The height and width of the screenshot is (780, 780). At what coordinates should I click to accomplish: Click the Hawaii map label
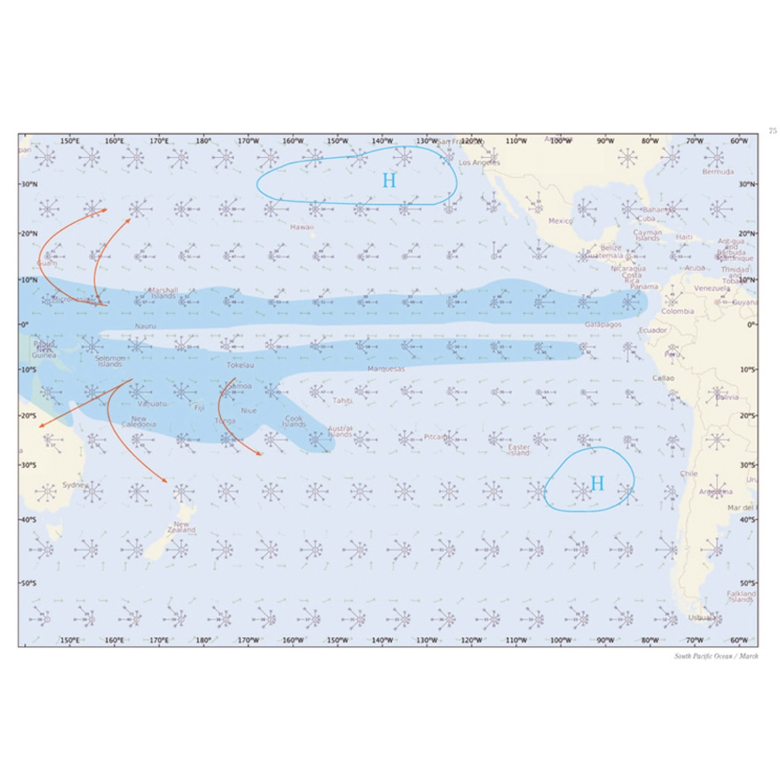coord(302,227)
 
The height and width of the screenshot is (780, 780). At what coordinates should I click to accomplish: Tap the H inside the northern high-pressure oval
coord(389,181)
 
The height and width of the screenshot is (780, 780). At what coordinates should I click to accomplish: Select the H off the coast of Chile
coord(597,483)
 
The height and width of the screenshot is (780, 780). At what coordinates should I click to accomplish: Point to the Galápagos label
coord(603,324)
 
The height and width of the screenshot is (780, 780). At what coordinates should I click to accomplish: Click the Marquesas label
coord(386,369)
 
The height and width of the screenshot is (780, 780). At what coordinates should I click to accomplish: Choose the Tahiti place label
coord(342,401)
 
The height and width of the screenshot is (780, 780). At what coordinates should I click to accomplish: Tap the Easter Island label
coord(519,450)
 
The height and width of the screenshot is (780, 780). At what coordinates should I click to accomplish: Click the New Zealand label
coord(184,527)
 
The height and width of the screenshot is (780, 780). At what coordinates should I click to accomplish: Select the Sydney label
coord(75,485)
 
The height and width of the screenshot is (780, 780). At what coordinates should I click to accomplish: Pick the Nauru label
coord(145,326)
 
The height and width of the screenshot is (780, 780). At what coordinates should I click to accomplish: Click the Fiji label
coord(200,408)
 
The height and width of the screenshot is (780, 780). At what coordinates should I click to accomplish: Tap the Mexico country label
coord(561,221)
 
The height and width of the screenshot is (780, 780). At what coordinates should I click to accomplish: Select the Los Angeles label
coord(480,162)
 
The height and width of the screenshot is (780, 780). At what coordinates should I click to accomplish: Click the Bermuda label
coord(718,172)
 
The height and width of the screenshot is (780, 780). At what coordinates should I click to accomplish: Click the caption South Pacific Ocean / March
coord(716,657)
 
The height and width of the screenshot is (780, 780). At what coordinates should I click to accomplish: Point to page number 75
coord(772,131)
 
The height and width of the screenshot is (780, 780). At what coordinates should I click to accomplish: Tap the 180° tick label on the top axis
coord(203,141)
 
